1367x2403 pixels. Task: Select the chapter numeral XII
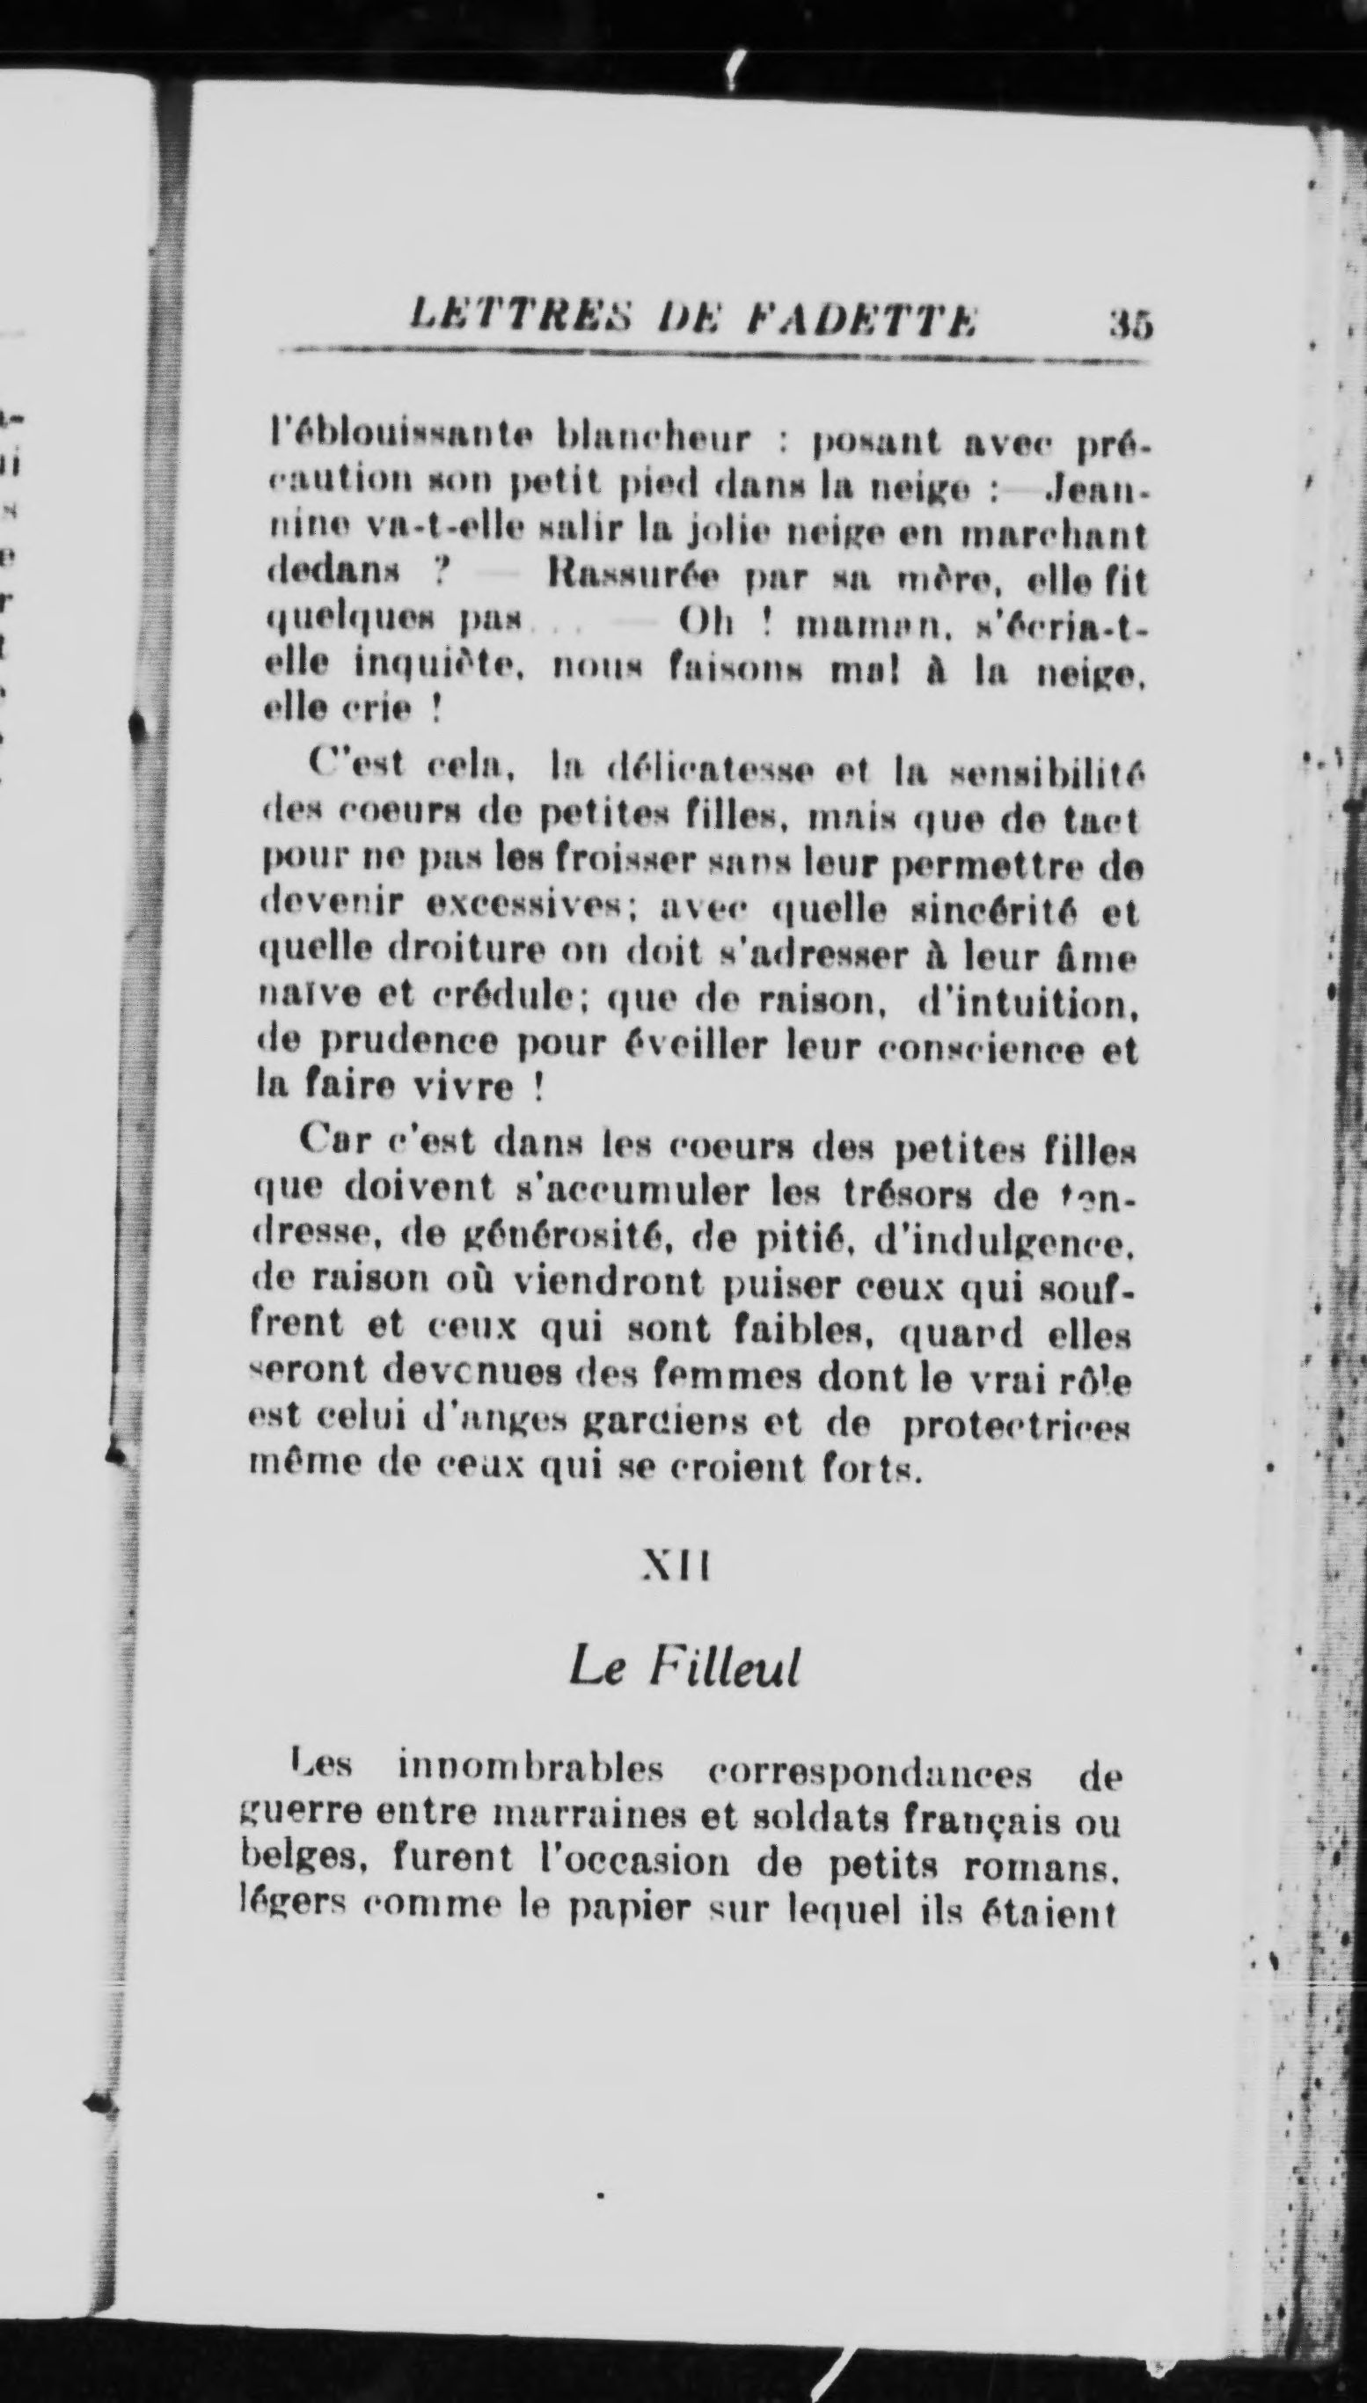[x=675, y=1564]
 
